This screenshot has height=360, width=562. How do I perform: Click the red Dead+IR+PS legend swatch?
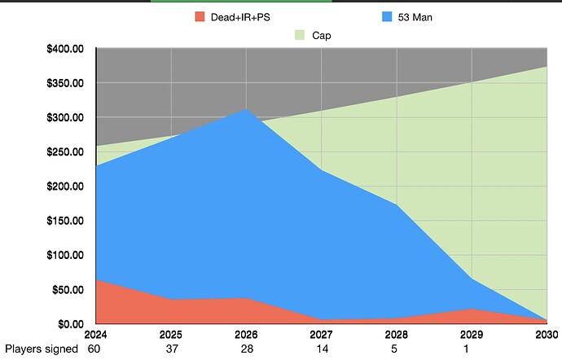(x=199, y=16)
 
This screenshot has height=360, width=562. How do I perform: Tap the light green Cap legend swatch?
(x=297, y=35)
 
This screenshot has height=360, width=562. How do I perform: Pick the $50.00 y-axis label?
(x=69, y=290)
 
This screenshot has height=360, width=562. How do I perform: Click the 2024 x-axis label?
(x=96, y=334)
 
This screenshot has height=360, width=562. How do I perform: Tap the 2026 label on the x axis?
(x=246, y=334)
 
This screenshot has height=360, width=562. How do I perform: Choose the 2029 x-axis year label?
(x=472, y=334)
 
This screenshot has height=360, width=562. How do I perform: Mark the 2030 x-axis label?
(x=547, y=334)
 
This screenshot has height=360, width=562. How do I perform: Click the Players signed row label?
(x=42, y=349)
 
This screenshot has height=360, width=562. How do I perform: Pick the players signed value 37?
(x=171, y=349)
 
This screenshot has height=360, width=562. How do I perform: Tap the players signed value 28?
(x=246, y=349)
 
